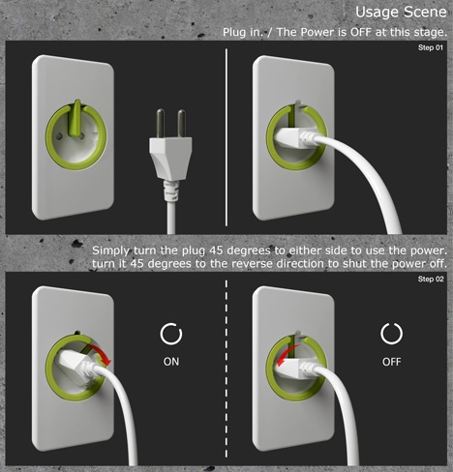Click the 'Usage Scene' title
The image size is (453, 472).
[x=401, y=13]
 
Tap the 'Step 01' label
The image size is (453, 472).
[x=431, y=47]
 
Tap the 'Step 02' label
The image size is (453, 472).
[x=431, y=279]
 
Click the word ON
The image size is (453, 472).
[x=171, y=362]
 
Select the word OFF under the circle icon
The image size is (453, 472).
[x=392, y=362]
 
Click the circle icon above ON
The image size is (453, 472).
[x=171, y=334]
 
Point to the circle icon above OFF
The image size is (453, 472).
[x=392, y=334]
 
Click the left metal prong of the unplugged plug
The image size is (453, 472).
[x=161, y=124]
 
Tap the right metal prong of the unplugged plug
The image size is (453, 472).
[x=182, y=124]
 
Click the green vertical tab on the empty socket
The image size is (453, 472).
[x=75, y=118]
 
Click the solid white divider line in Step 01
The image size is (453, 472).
[x=226, y=137]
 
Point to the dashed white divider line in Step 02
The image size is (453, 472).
[x=226, y=369]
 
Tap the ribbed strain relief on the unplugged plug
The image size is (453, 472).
[x=170, y=191]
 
